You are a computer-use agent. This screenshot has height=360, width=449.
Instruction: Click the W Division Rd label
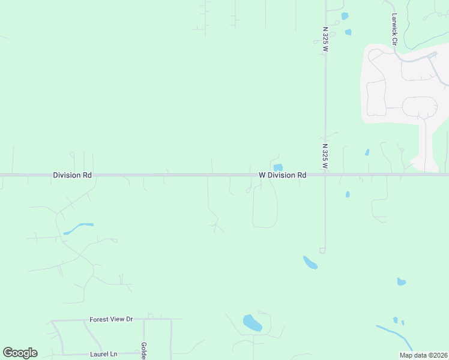[x=282, y=175]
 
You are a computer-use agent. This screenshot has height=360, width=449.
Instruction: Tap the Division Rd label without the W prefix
[x=72, y=175]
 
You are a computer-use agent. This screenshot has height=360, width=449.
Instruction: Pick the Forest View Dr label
[x=111, y=319]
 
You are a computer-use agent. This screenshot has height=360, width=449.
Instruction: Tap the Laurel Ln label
[x=103, y=354]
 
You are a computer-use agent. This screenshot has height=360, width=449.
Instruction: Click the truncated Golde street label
[x=144, y=350]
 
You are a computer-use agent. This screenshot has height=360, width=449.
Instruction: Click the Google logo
[x=20, y=353]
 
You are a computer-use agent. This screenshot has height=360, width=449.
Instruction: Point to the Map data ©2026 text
[x=423, y=355]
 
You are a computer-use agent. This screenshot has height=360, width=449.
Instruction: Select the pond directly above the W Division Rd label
[x=278, y=167]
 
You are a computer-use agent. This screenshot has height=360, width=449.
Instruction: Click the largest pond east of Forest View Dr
[x=252, y=323]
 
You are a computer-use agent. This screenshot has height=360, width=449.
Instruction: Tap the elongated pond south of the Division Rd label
[x=79, y=228]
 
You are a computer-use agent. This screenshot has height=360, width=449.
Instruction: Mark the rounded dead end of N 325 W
[x=322, y=250]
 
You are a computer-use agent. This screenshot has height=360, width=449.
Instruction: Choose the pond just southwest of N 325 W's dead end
[x=310, y=262]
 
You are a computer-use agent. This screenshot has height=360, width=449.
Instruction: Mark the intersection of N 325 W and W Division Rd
[x=325, y=175]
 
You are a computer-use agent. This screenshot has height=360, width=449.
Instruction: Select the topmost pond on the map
[x=344, y=16]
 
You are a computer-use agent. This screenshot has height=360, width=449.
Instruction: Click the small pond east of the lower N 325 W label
[x=367, y=152]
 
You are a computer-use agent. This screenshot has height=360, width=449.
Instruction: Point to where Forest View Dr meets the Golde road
[x=143, y=319]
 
